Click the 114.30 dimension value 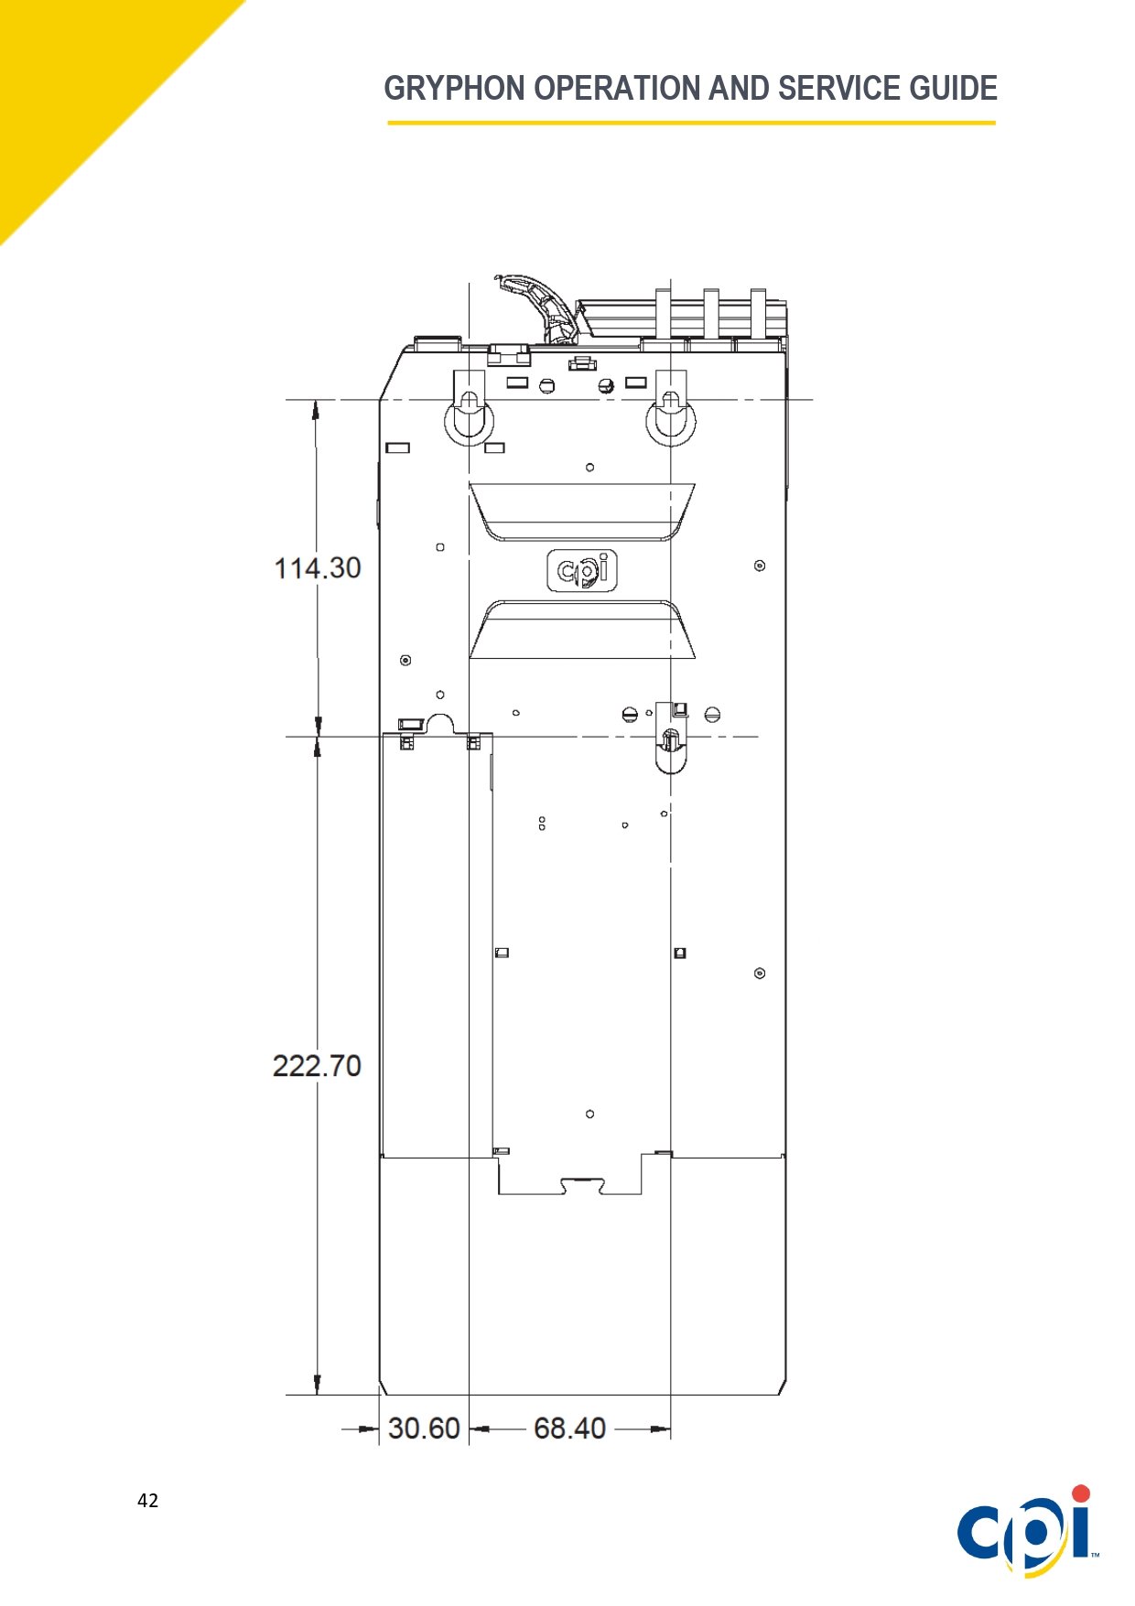click(x=318, y=568)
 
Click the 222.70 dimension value click(x=317, y=1066)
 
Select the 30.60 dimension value click(x=424, y=1428)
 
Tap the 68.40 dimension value click(x=569, y=1428)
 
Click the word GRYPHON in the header click(x=454, y=89)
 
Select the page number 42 click(x=147, y=1500)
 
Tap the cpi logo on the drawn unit click(x=582, y=570)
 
